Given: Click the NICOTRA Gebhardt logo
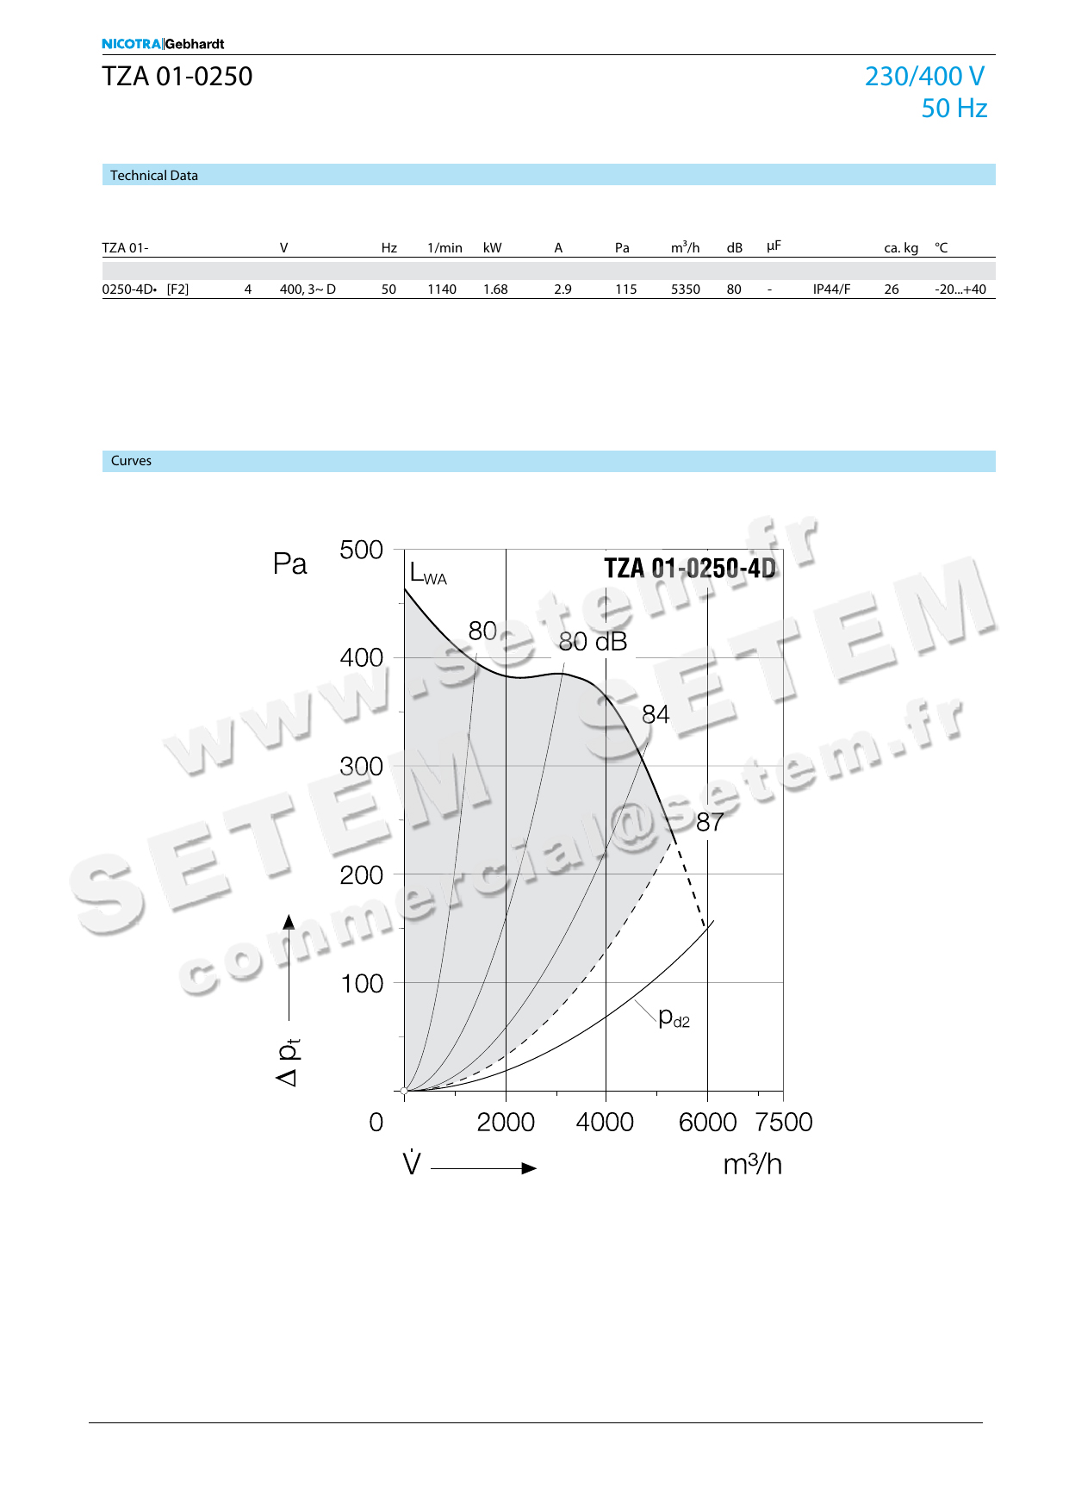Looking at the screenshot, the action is tap(163, 44).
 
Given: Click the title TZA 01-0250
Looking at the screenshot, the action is tap(177, 77).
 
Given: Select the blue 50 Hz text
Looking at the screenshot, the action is tap(954, 109).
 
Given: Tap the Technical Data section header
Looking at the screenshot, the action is tap(154, 176).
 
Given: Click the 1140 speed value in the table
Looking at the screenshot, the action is tap(442, 289).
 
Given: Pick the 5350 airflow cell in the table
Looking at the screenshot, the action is tap(686, 289).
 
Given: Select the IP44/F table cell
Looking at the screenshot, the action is tap(831, 289).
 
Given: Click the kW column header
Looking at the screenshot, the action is tap(493, 248).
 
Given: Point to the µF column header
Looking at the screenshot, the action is tap(774, 246).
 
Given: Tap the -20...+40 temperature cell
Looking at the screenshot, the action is tap(960, 289).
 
